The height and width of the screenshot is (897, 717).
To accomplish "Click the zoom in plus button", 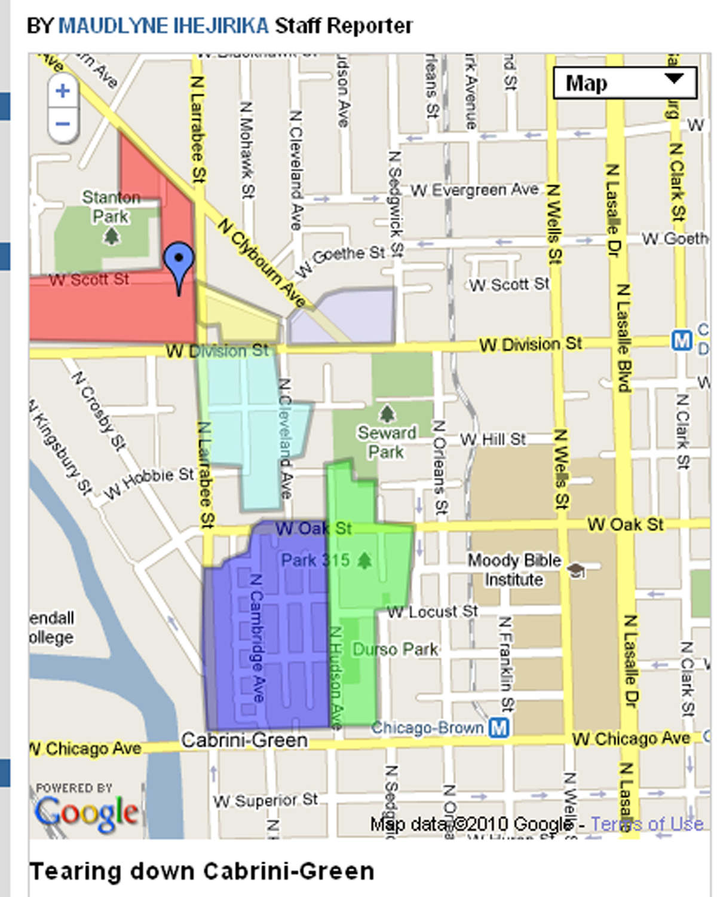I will coord(63,91).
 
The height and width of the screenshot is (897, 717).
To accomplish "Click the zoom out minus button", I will coord(63,124).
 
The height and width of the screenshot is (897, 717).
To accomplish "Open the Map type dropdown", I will coord(624,83).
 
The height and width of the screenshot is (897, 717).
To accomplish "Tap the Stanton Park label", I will coord(111,207).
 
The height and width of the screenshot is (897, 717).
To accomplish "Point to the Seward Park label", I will coord(387,442).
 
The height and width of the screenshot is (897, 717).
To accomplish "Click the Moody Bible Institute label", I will coord(514,570).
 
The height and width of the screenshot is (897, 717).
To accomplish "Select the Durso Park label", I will coord(395,649).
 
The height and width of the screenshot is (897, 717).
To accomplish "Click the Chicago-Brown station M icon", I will coord(498,727).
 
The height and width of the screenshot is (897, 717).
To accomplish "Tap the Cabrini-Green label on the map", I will coord(244,740).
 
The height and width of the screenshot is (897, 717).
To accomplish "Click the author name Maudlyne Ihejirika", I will coord(163,26).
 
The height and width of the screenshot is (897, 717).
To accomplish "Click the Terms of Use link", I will coord(646,824).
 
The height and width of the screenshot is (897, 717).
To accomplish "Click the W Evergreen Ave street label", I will coord(474,190).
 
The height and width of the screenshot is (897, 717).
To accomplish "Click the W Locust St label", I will coord(432,612).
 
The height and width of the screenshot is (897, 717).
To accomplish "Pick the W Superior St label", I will coord(265,800).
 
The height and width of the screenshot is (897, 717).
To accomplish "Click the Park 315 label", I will coord(315,560).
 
